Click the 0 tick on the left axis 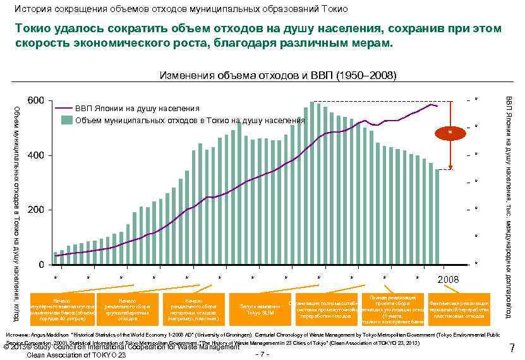(x=41, y=264)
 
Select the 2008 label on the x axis (x=448, y=279)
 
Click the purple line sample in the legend (x=62, y=107)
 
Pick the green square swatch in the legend (x=66, y=120)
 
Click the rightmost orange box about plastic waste (x=458, y=309)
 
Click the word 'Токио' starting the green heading (x=33, y=29)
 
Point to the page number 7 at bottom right (x=512, y=348)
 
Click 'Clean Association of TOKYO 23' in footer (x=76, y=355)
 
